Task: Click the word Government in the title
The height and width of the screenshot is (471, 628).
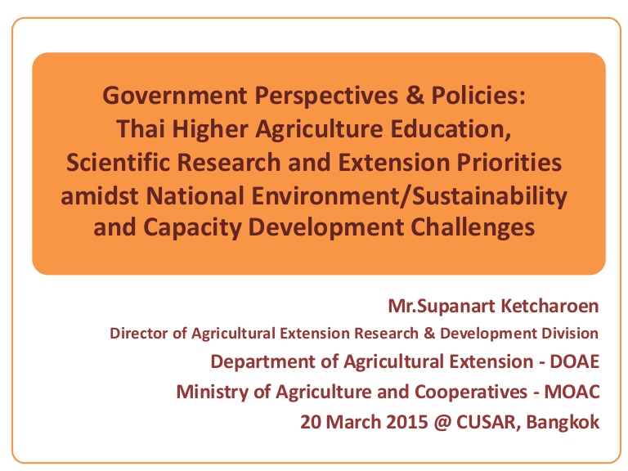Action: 175,96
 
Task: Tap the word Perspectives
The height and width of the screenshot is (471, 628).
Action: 326,96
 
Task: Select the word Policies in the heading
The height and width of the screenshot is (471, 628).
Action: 478,96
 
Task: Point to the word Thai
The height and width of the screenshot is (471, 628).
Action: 142,129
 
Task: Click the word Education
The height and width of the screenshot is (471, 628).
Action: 451,129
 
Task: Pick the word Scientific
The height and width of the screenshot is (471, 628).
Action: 118,162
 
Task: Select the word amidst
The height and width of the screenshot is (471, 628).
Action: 100,196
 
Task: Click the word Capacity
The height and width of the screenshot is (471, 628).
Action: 192,227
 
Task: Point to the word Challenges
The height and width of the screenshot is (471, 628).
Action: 473,227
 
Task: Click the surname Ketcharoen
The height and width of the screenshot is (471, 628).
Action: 549,306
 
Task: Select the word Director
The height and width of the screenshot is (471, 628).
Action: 139,334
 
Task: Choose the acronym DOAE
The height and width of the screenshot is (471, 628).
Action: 574,361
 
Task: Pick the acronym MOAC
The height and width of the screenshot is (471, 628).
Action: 572,392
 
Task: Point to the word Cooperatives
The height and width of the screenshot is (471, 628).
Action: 471,392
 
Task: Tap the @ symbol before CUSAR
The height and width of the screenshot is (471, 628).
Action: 442,423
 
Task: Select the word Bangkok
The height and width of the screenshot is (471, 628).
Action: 563,423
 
